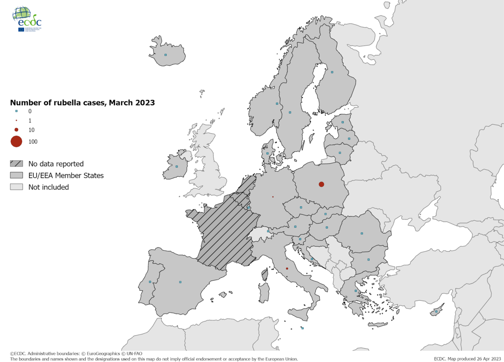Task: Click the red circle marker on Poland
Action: tap(322, 184)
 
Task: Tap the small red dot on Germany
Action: tap(273, 197)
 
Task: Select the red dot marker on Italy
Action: tap(287, 269)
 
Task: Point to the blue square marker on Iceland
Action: tap(166, 55)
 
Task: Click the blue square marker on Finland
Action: tap(332, 72)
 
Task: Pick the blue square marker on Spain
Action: tap(180, 282)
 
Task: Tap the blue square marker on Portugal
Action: tap(150, 282)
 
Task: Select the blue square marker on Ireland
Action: tap(176, 166)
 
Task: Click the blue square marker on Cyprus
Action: tap(436, 312)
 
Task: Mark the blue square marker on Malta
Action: tap(302, 328)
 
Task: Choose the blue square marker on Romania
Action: tap(361, 233)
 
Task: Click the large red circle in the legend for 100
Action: tap(17, 142)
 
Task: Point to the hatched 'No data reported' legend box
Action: tap(17, 164)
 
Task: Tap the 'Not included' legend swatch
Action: tap(17, 187)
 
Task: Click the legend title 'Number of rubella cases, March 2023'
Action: tap(83, 103)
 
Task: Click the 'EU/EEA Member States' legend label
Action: tap(66, 176)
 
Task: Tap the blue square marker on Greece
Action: tap(356, 291)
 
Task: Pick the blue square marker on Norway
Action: tap(277, 103)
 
